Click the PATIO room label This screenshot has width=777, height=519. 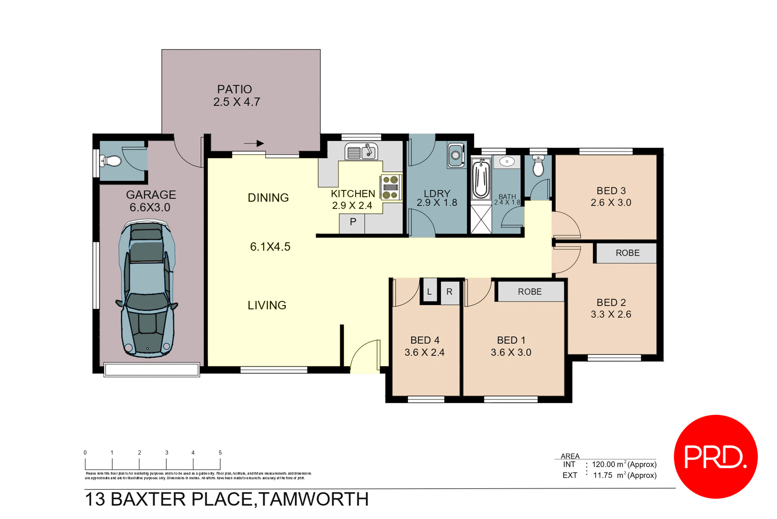point(235,89)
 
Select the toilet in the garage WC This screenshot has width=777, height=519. point(110,161)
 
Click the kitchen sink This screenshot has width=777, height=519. point(361,152)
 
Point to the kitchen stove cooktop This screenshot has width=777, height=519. point(391,187)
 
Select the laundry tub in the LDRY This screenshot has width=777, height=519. point(456,155)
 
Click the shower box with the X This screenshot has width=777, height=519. point(481,219)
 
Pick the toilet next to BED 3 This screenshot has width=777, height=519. point(538,166)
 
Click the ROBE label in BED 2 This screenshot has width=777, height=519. point(627,253)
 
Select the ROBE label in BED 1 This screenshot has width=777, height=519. point(529,292)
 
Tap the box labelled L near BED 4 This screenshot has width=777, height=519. point(429,291)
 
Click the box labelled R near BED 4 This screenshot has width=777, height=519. point(449,291)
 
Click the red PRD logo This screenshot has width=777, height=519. point(715,457)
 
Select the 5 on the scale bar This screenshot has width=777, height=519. point(220,453)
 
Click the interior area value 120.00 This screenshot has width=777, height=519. point(603,464)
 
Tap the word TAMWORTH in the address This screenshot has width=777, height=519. point(314,499)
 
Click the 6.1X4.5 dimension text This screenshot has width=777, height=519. point(270,247)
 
